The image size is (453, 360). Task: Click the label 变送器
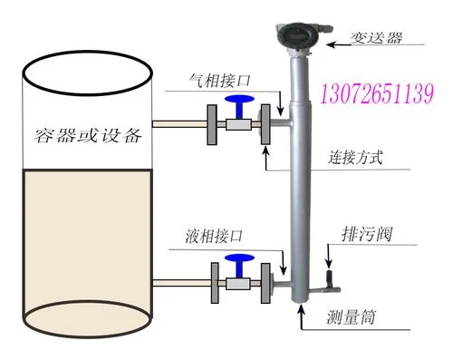coord(376,38)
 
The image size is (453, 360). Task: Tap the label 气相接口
coord(219,81)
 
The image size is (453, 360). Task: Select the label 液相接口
coord(214,236)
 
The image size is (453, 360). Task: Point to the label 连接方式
coord(355,158)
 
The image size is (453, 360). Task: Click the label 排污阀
coord(367,234)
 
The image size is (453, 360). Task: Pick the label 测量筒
coord(351,317)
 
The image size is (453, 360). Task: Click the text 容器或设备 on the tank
coord(88,135)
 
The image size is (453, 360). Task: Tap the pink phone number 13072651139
coord(377,93)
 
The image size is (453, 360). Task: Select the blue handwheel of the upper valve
coord(239,100)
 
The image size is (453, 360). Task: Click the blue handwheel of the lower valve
coord(239,258)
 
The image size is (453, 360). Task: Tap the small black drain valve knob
coord(330,277)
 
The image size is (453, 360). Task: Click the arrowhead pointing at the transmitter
coord(331,44)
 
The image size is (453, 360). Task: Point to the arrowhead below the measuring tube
coord(301,308)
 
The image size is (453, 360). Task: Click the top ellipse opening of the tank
coord(87,73)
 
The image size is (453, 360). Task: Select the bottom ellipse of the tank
coord(87,319)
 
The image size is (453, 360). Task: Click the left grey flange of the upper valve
coord(212,124)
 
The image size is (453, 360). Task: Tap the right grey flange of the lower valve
coord(265,283)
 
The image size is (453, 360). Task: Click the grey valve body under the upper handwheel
coord(238,124)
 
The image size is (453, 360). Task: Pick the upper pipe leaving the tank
coord(179,124)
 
